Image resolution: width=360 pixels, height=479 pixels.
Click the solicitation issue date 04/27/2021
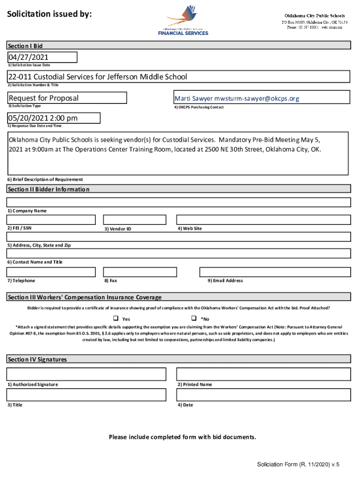(42, 57)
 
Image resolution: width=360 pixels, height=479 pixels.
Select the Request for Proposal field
(66, 98)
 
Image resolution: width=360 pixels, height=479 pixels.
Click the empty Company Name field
(179, 202)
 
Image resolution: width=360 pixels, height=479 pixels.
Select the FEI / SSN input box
(51, 219)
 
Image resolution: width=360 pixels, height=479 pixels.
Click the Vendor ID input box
(134, 219)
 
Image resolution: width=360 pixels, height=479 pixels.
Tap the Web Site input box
(263, 219)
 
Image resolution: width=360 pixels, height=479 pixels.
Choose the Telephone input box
(51, 272)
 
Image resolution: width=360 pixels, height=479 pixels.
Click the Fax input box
(134, 272)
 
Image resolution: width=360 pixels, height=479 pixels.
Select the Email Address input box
(275, 272)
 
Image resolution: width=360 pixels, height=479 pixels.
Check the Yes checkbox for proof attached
(116, 318)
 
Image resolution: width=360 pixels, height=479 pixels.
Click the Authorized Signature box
(86, 374)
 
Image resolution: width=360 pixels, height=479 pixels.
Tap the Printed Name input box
(263, 374)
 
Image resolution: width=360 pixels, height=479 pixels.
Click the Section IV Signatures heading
(37, 359)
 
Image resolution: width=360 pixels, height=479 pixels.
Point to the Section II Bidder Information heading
(48, 189)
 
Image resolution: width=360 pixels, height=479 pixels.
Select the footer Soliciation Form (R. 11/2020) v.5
(298, 464)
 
